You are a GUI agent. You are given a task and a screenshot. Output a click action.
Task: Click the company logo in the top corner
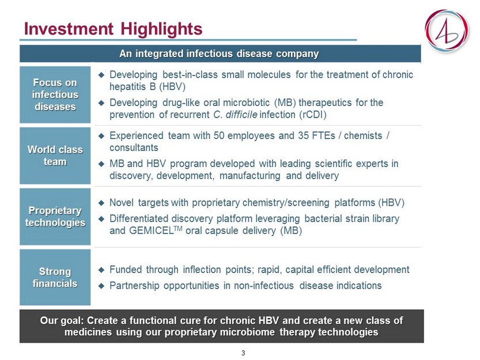pos(447,31)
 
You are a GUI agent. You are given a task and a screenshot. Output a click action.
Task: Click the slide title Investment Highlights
pos(113,29)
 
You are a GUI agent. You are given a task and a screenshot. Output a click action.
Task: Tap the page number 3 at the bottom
pos(243,353)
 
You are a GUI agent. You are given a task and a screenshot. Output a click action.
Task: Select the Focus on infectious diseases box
pos(55,94)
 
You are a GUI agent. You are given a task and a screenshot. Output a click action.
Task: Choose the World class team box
pos(55,156)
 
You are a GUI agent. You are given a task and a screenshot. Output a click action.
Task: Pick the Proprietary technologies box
pos(55,217)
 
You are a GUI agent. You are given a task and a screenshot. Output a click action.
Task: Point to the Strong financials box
pos(55,278)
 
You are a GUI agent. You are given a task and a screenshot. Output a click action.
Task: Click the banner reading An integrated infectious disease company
pos(220,54)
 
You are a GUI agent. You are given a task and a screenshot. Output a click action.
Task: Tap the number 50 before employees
pos(219,135)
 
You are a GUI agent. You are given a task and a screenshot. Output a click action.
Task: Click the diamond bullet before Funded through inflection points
pos(101,270)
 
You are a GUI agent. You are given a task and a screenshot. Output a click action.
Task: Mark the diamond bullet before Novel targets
pos(101,203)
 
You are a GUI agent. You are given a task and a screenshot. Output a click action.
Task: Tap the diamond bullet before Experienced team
pos(101,136)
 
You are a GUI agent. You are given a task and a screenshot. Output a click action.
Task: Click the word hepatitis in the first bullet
pos(128,86)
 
